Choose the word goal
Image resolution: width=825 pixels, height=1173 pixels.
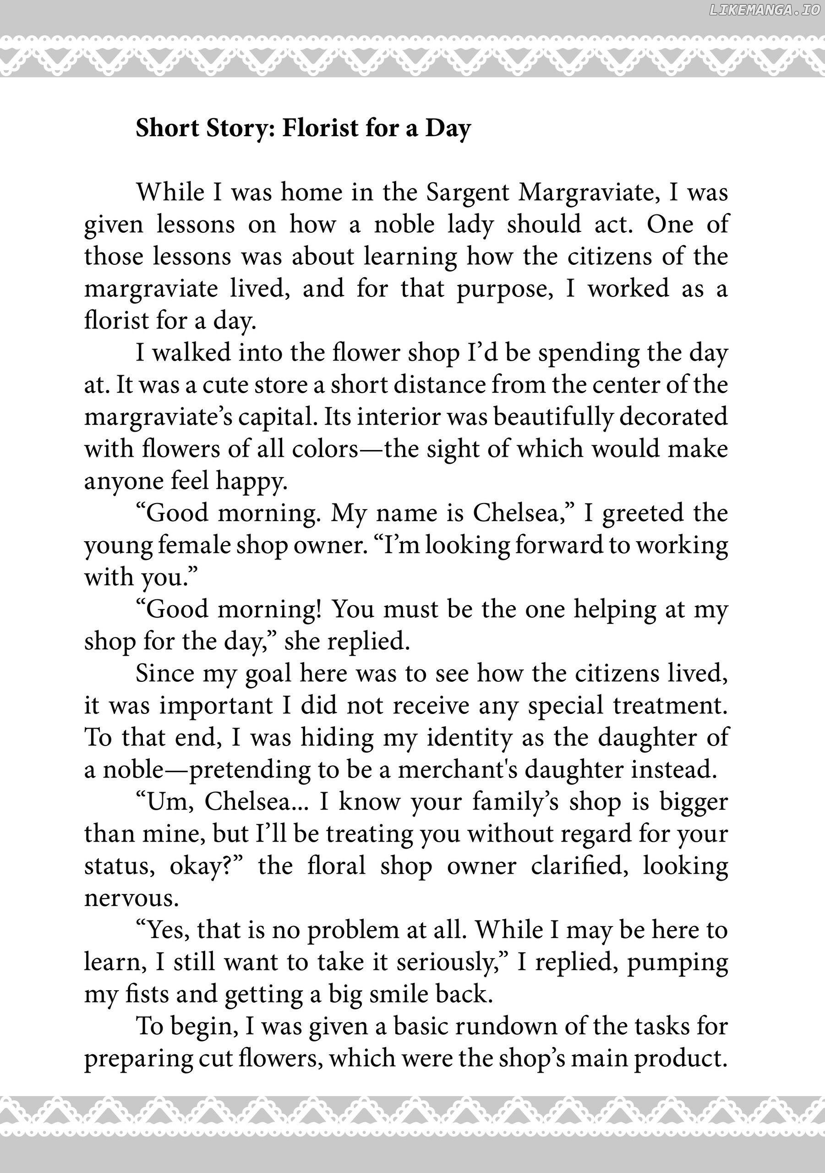268,675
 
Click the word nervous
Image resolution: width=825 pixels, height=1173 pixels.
131,899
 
